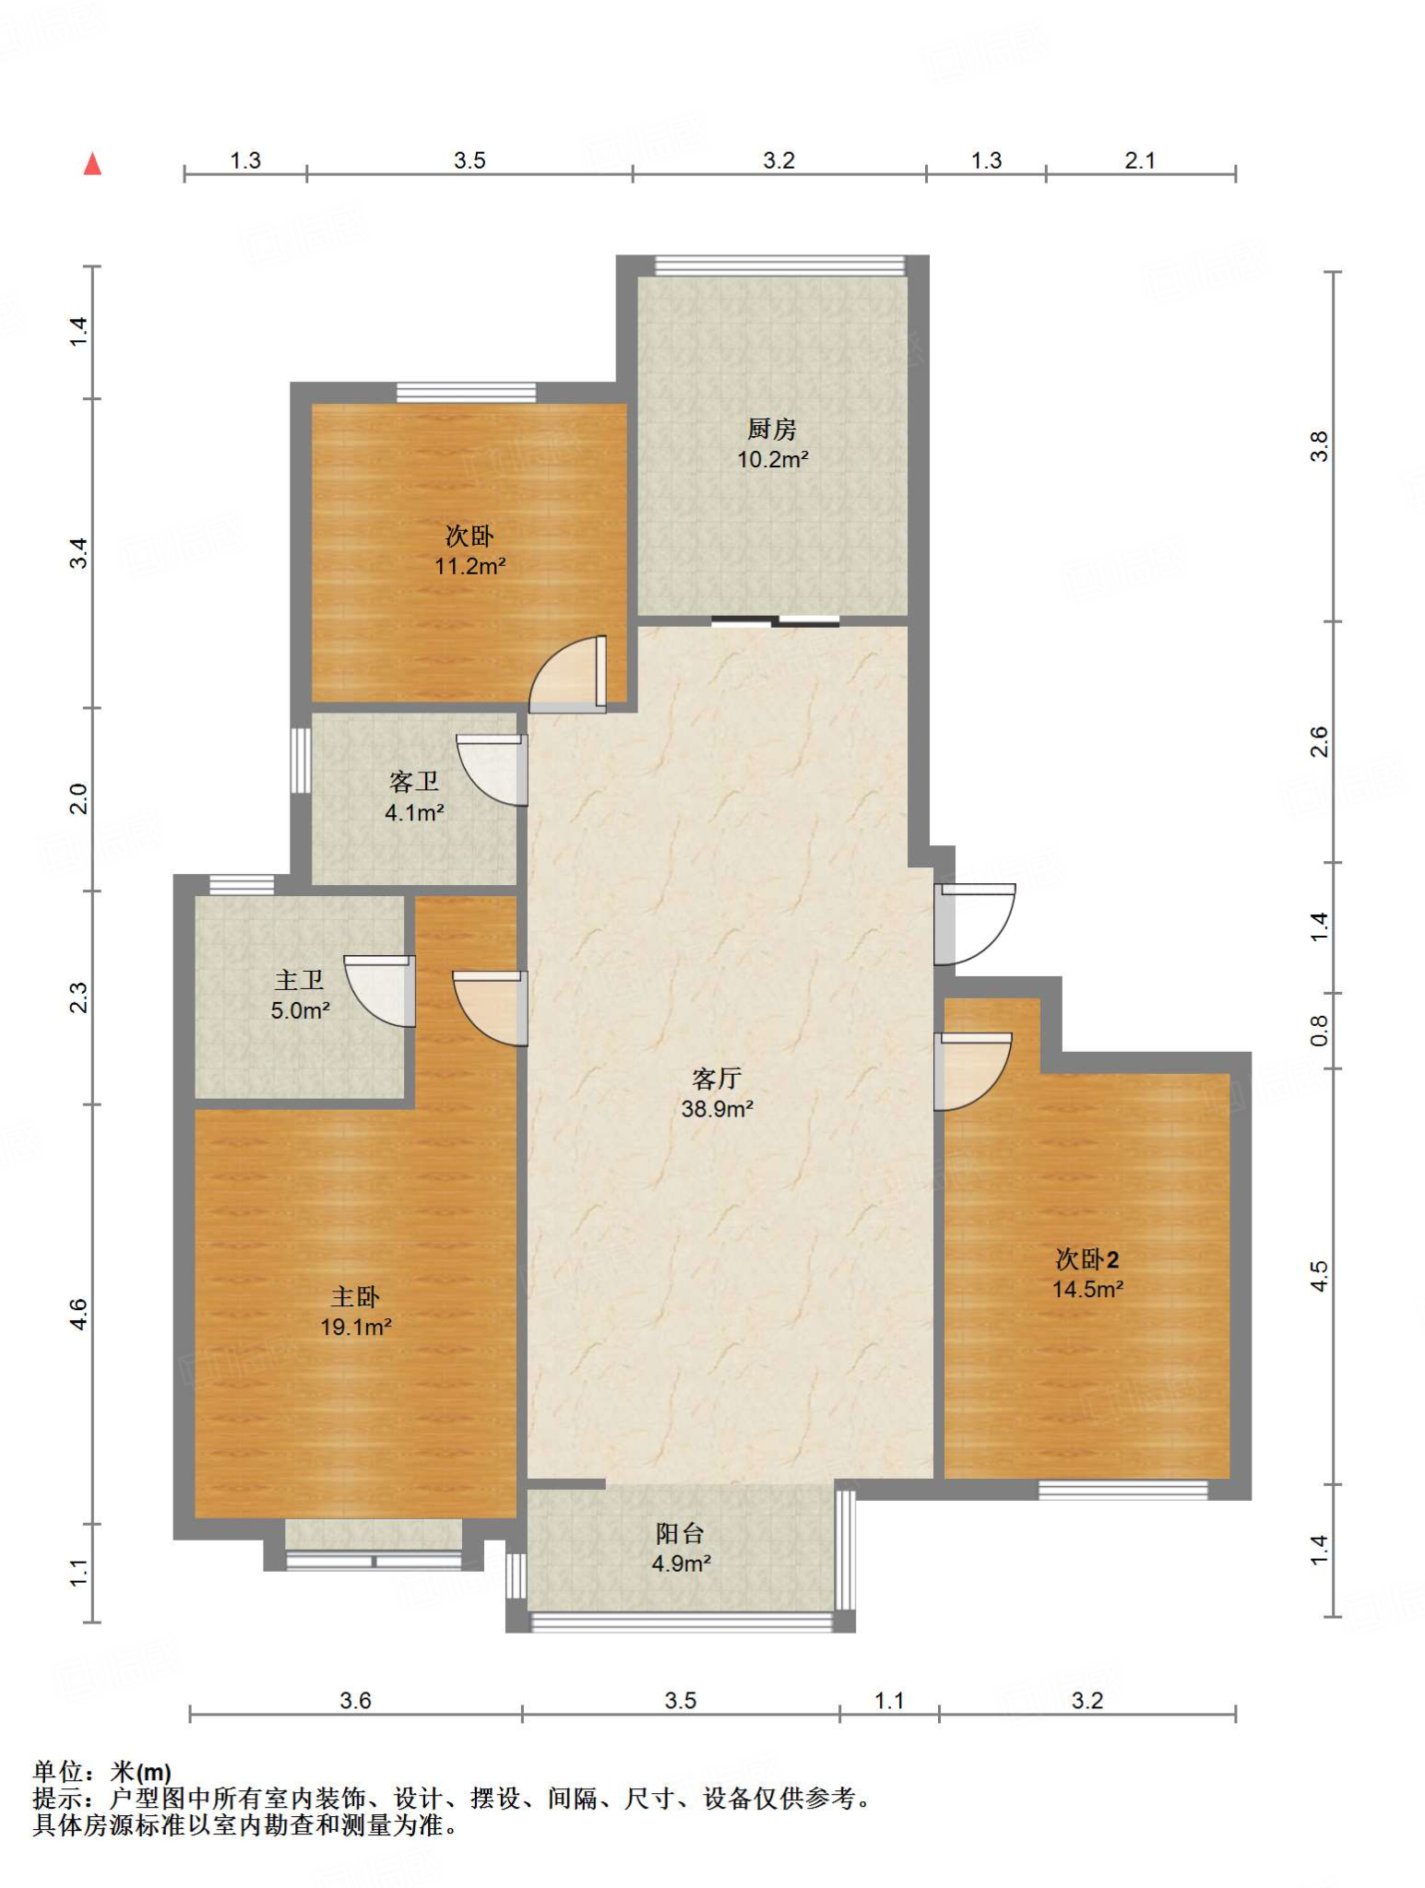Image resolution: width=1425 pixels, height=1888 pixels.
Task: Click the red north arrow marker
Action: pos(92,164)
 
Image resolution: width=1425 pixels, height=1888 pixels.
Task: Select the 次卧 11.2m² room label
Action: pos(470,551)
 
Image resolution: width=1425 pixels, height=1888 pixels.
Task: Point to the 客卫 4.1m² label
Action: pos(414,797)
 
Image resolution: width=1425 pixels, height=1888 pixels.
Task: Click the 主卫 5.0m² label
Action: pos(300,996)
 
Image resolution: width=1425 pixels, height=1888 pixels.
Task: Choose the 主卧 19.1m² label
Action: pos(356,1312)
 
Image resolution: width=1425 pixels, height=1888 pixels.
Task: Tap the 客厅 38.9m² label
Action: pos(718,1093)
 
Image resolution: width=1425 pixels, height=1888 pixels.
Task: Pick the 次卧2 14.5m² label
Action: pos(1088,1274)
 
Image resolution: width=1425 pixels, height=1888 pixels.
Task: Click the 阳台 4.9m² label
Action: pos(682,1548)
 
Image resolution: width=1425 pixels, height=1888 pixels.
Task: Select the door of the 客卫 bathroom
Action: pos(493,770)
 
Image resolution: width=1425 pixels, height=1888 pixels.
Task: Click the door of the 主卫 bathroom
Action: pos(380,991)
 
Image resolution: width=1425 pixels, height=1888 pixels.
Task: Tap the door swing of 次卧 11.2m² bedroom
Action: pos(567,674)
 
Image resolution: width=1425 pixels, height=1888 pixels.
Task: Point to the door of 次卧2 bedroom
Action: pos(973,1071)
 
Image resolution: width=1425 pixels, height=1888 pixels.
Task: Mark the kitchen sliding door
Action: pos(776,620)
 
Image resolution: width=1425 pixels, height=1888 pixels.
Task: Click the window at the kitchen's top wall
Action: pos(780,265)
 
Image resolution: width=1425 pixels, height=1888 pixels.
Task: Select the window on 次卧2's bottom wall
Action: pos(1123,1490)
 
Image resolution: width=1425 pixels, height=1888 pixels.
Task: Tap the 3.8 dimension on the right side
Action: pos(1320,446)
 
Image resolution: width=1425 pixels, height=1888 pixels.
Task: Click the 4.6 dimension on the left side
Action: pos(79,1314)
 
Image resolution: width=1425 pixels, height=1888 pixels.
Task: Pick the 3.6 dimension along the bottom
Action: pos(355,1701)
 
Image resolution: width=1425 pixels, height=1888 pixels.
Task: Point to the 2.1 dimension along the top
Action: pos(1140,160)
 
